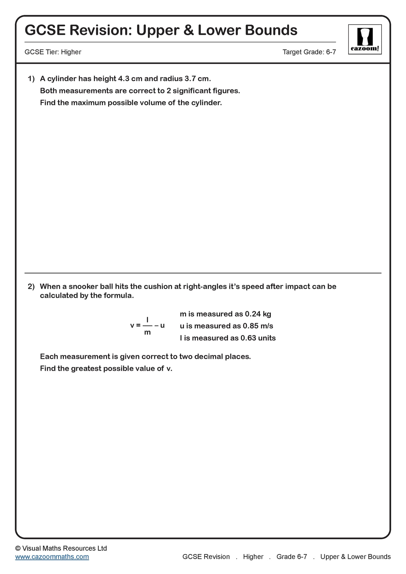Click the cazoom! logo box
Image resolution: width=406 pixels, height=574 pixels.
point(365,39)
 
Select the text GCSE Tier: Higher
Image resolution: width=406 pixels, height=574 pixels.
point(53,52)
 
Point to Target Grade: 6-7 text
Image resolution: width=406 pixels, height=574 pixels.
point(309,52)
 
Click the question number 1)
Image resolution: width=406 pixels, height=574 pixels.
point(31,79)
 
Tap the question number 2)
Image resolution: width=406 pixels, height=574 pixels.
point(31,286)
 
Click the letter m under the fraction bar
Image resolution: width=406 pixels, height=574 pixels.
point(147,333)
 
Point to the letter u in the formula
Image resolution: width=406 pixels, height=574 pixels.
point(162,325)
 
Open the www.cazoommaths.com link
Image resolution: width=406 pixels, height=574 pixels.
point(52,557)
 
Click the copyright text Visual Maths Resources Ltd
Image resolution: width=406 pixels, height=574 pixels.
point(64,548)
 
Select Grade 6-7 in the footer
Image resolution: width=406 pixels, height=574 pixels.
point(292,557)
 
